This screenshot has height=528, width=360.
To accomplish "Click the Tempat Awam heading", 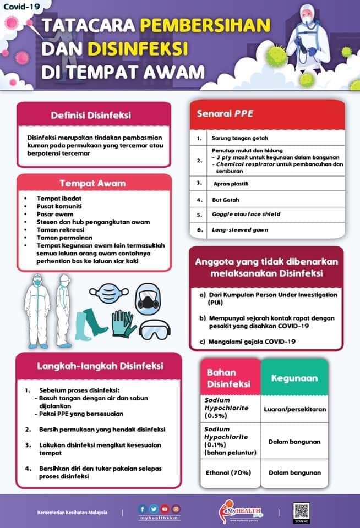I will tap(92, 183).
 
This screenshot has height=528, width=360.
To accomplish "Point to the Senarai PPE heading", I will tap(226, 114).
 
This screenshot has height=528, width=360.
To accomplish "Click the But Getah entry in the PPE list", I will tap(226, 200).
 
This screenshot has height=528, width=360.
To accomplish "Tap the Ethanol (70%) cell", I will tap(228, 472).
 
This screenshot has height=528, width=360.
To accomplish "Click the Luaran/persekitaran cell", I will tap(295, 409).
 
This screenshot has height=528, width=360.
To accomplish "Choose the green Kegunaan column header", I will tap(294, 378).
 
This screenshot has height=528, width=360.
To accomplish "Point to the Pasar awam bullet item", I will tap(53, 213).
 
